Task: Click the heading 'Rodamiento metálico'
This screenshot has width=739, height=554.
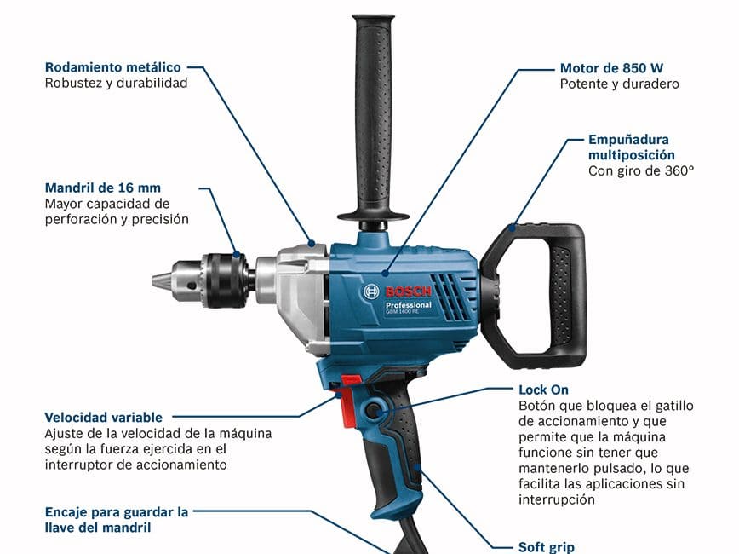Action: click(x=112, y=67)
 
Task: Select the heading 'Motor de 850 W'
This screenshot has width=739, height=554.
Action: click(x=611, y=68)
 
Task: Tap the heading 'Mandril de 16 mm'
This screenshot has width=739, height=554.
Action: click(x=103, y=188)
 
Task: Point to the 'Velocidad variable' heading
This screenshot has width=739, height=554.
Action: click(x=103, y=417)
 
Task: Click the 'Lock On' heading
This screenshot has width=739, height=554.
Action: click(x=543, y=390)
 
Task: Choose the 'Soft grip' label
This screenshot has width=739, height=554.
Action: click(x=547, y=547)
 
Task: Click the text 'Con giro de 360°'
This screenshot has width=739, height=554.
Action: click(x=641, y=170)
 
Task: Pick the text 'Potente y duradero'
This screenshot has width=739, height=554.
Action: click(x=619, y=84)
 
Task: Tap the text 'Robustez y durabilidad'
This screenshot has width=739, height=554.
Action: click(x=116, y=83)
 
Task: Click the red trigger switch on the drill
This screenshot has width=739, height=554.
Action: click(x=348, y=401)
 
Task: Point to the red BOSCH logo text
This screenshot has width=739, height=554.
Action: click(x=408, y=291)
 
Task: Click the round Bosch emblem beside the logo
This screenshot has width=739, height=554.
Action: click(x=371, y=291)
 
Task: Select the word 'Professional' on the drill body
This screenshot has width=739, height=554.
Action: click(x=408, y=305)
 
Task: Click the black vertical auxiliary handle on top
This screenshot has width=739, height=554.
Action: click(x=373, y=118)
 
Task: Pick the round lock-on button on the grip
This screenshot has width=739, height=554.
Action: click(x=374, y=411)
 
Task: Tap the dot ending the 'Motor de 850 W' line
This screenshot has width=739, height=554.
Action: click(x=385, y=273)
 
